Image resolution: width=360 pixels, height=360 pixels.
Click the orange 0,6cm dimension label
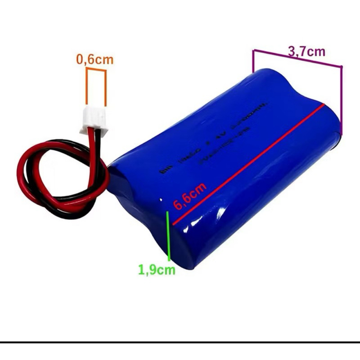tap(95, 59)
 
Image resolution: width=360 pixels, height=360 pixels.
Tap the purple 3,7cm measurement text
tap(306, 51)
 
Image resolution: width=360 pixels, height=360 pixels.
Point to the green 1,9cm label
tap(157, 270)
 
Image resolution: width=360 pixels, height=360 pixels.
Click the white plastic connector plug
tap(94, 121)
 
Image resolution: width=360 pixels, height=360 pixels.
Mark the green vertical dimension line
tap(169, 236)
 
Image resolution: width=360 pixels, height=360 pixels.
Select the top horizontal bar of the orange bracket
tap(96, 70)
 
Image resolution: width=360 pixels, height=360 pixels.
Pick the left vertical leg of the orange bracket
tap(87, 88)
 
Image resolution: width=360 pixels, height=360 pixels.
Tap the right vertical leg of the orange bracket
tap(106, 88)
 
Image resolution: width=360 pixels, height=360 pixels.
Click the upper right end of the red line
tap(323, 105)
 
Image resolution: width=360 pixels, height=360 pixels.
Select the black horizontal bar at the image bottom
tap(180, 342)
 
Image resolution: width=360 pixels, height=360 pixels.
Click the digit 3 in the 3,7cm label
tap(291, 51)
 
